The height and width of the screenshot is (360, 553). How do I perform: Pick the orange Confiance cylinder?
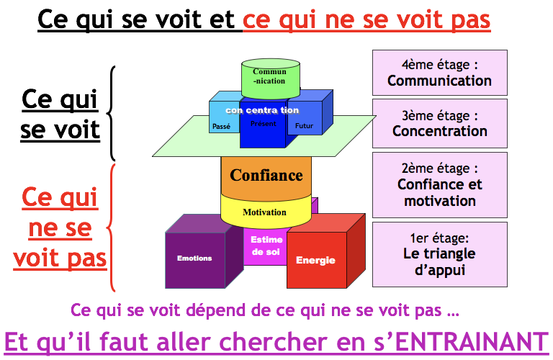[266, 176]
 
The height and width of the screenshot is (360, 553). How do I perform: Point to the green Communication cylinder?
[269, 77]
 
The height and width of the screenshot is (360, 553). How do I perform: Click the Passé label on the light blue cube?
[222, 126]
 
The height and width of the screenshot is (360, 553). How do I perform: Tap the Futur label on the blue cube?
[305, 126]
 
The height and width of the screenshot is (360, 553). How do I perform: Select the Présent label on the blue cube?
[263, 124]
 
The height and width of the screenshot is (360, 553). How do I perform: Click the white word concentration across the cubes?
[261, 110]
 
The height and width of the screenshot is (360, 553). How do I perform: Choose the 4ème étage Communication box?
[439, 73]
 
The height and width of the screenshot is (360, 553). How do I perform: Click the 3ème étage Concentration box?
[439, 123]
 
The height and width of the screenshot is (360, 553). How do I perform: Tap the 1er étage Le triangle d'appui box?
[439, 254]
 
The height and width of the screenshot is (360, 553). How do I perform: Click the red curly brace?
[112, 228]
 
